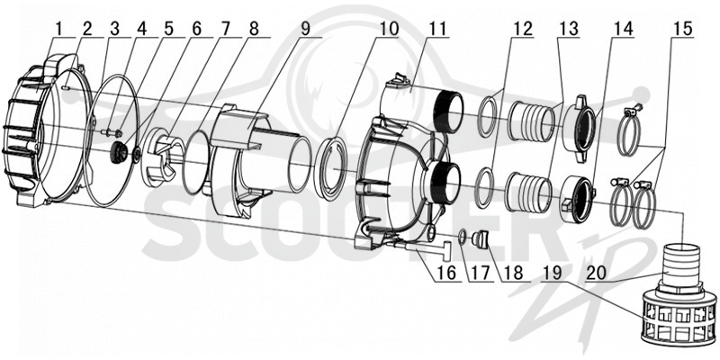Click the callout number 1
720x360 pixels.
point(58,29)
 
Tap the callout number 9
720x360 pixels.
point(306,29)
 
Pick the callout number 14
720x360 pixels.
point(624,29)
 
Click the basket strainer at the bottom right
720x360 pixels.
point(679,321)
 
